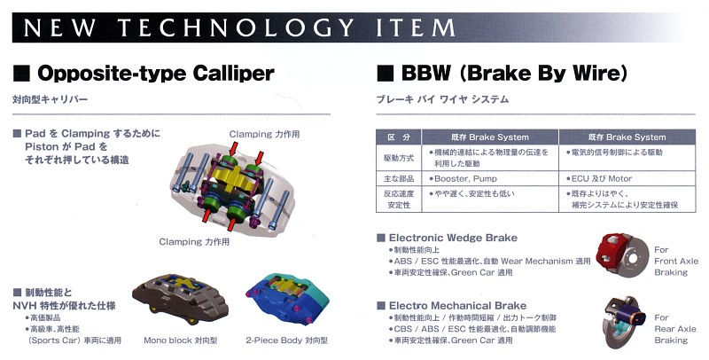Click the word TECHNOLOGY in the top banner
236,28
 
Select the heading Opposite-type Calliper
156,74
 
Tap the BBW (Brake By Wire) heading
514,74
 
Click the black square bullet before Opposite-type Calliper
21,74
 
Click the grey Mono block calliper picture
180,298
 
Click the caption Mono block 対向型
181,340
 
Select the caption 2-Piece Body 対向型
286,340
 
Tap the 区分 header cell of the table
399,137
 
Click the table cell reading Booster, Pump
490,178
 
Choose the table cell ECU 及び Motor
627,178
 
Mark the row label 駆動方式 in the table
399,158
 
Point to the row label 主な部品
399,178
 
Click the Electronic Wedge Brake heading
453,238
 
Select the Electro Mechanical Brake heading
457,306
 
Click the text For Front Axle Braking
676,261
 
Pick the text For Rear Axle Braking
675,329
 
